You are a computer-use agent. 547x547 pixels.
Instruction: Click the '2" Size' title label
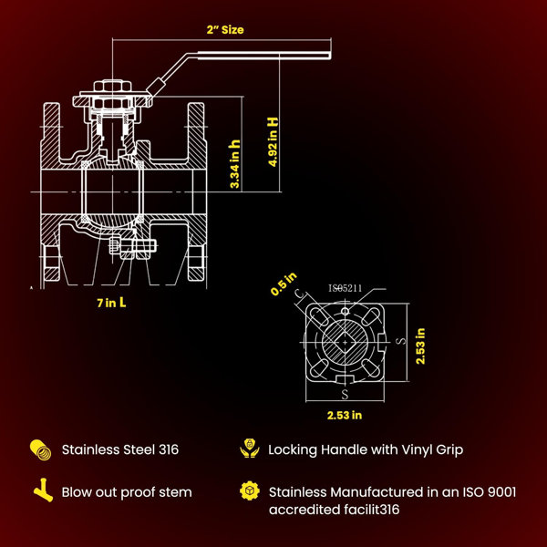225,30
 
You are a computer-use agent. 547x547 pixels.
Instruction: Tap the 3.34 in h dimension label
235,164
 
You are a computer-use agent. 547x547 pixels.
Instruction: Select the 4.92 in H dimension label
273,141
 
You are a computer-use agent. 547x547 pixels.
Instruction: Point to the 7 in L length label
111,303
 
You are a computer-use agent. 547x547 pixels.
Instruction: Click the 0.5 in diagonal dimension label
284,284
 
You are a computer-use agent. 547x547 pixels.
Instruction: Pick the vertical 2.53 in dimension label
420,346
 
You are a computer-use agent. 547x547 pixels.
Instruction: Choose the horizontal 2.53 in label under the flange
345,415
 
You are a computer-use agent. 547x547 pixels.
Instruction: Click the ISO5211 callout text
345,288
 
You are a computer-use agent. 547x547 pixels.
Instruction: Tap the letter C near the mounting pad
300,294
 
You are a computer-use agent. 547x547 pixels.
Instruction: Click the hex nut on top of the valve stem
112,86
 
